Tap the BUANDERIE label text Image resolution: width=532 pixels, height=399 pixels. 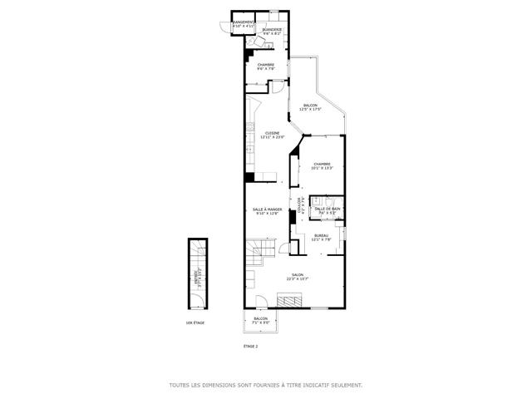[272, 31]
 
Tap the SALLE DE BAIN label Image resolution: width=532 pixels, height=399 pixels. [327, 210]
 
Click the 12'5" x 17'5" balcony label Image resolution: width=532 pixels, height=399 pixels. [310, 107]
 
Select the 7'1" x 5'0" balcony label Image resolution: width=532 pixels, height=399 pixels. [261, 321]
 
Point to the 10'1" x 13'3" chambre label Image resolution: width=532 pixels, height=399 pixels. [321, 166]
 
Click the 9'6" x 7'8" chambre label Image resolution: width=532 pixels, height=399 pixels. [266, 66]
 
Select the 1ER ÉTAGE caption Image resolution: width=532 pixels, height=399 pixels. [195, 323]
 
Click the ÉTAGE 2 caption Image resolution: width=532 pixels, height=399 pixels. [250, 346]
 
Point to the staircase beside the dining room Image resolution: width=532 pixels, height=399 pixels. [259, 248]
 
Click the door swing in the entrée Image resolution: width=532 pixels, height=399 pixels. [197, 249]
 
